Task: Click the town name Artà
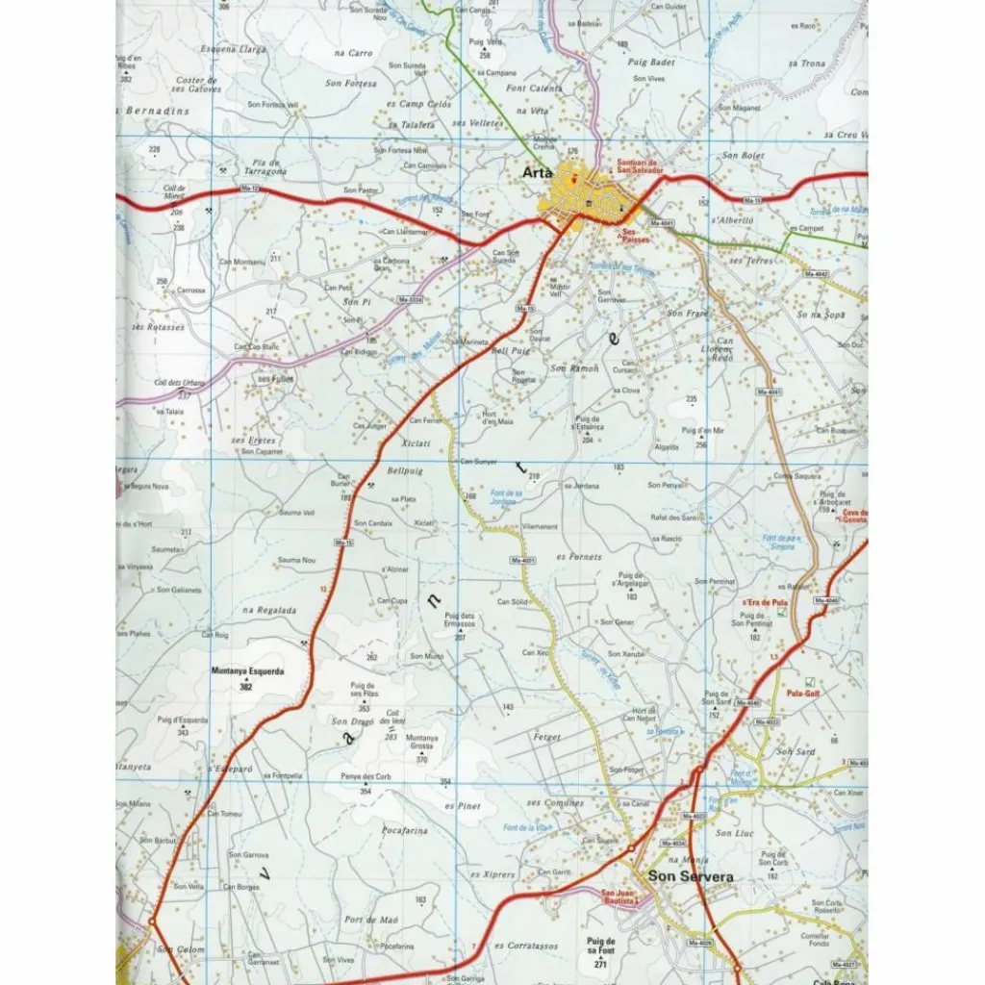click(x=536, y=173)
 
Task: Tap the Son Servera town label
click(x=691, y=876)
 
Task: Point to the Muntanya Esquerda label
click(x=247, y=672)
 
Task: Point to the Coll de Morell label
click(x=174, y=192)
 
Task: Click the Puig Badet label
click(x=651, y=63)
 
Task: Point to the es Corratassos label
click(x=526, y=946)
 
